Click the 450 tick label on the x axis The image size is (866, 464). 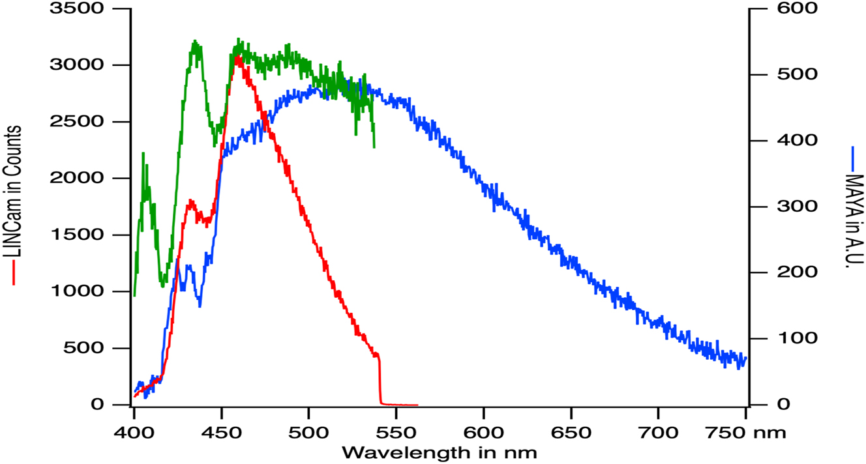pos(222,432)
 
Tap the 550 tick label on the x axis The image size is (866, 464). pos(396,432)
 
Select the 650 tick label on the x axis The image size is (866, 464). pos(571,432)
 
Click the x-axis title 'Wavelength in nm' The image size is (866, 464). pos(440,452)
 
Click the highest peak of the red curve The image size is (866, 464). pos(238,57)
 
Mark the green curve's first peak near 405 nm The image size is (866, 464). pos(143,154)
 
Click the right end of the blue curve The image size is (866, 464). pos(745,357)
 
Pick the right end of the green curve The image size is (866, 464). pos(374,146)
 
